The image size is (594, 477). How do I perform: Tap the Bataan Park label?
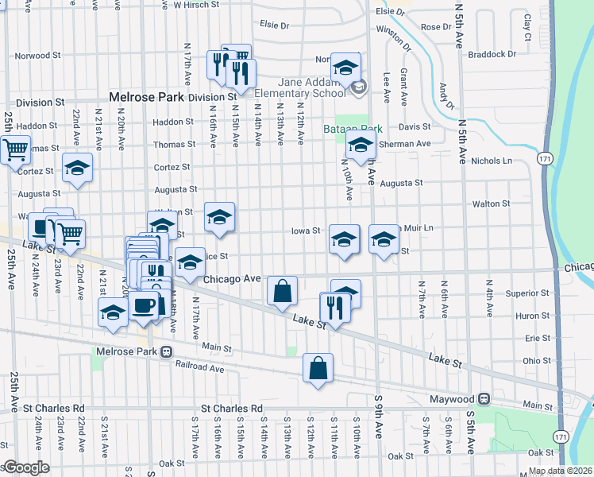(x=353, y=128)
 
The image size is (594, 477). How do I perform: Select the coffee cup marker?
(x=143, y=305)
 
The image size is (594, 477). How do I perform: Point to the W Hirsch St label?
(x=196, y=5)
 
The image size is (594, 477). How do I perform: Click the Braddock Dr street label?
(x=492, y=55)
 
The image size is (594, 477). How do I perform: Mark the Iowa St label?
(x=305, y=231)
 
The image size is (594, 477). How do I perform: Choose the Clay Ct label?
(x=526, y=26)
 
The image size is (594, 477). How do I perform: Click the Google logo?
(x=25, y=467)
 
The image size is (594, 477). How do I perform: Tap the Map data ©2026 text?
(x=559, y=471)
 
